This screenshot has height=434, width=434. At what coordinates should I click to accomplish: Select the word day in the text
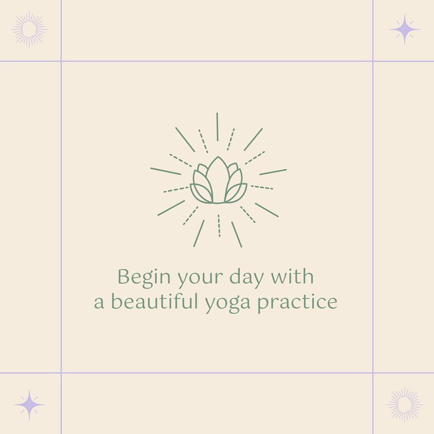246,278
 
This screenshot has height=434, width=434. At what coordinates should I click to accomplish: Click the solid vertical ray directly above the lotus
218,126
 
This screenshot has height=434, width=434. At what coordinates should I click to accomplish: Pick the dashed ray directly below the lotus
219,226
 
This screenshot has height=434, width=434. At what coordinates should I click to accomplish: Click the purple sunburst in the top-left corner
29,29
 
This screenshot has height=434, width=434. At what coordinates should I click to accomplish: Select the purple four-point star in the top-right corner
405,29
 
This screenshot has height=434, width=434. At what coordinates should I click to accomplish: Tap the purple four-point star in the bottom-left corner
29,405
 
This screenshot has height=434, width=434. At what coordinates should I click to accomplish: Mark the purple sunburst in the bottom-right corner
405,405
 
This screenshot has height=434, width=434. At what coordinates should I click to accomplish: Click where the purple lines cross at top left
61,61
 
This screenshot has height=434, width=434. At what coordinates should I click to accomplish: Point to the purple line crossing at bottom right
373,373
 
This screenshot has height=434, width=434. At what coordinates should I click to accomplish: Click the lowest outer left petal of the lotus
199,193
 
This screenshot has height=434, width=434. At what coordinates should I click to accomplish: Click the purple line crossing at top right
373,61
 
